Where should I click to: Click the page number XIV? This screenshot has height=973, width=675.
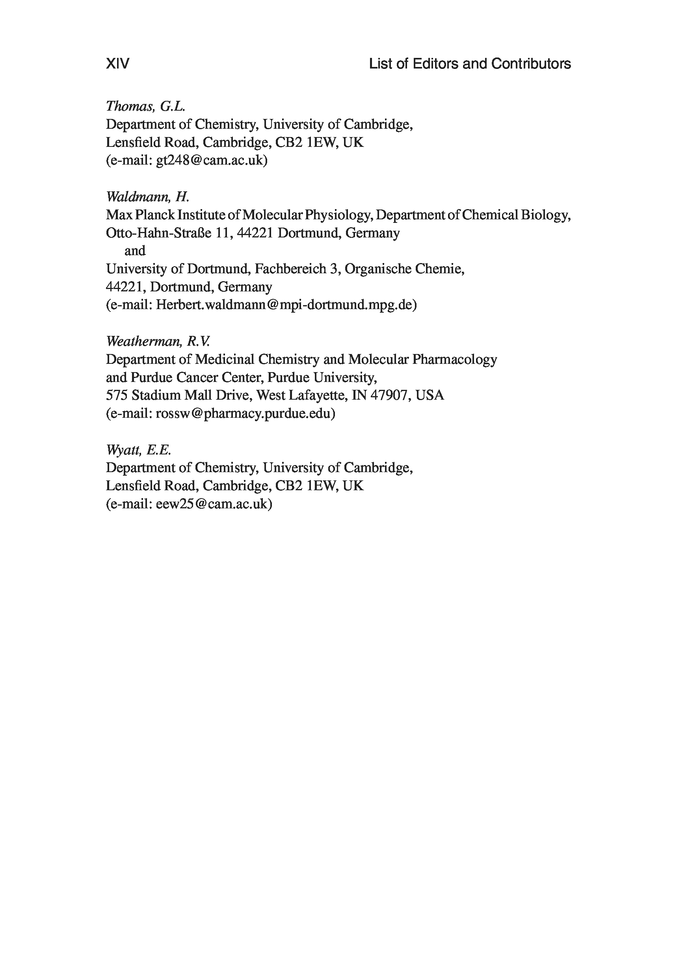tap(117, 64)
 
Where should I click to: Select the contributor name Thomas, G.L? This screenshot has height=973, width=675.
tap(145, 106)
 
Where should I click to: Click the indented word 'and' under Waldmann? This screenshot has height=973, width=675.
tap(135, 251)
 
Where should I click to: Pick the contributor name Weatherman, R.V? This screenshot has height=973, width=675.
tap(157, 341)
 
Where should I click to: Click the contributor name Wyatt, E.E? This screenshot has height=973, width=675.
tap(138, 450)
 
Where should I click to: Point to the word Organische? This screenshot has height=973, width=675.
tap(377, 269)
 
